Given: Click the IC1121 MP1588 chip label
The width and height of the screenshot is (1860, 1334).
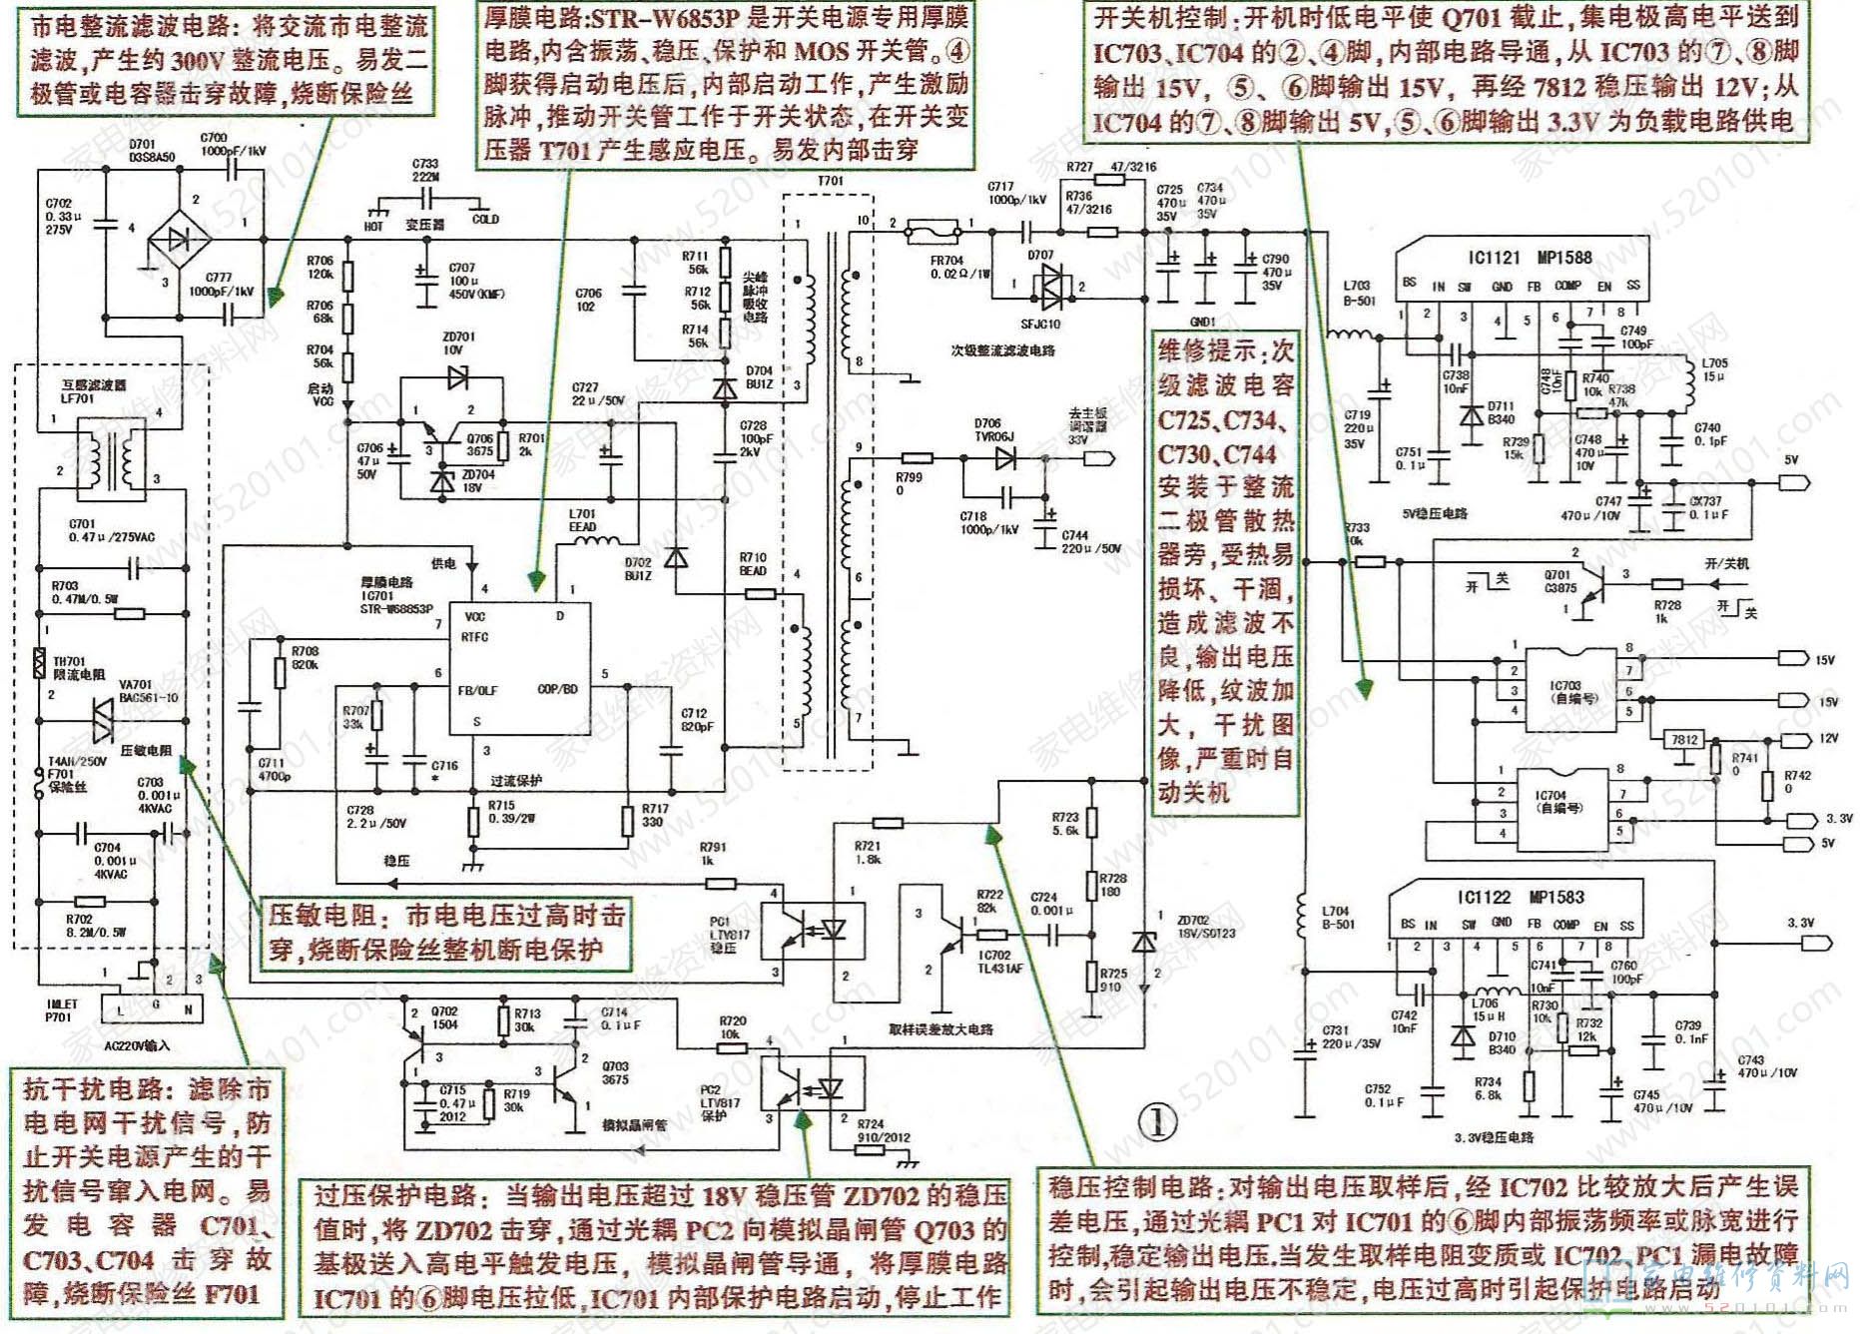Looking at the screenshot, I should [x=1530, y=258].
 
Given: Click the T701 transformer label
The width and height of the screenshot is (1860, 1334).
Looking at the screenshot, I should [x=830, y=182].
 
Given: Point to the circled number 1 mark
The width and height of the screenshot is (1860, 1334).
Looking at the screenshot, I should [x=1159, y=1121].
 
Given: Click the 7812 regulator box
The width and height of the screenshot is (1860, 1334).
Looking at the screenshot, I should [x=1683, y=740].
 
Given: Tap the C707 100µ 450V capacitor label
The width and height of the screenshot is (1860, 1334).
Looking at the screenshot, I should [x=461, y=281].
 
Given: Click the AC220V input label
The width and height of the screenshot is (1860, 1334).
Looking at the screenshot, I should [x=138, y=1045].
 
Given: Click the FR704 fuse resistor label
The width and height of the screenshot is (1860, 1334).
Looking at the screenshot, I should [x=946, y=267].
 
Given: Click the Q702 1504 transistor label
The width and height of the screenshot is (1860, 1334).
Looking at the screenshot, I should [x=445, y=1017].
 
